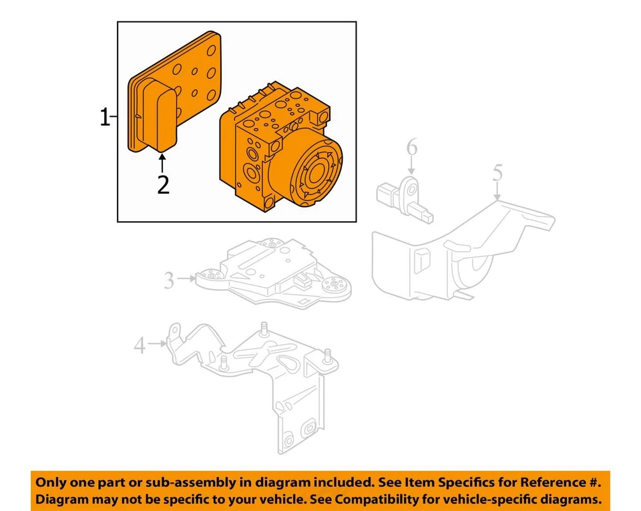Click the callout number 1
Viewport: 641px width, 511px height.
point(105,118)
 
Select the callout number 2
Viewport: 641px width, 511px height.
point(163,185)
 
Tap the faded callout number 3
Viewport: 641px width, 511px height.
point(169,280)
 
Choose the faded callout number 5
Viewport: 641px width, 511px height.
point(497,172)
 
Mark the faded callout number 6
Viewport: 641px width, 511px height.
point(412,147)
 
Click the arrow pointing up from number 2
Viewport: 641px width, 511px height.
point(162,163)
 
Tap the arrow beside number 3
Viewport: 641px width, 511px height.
point(186,279)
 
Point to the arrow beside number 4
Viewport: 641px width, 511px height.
point(158,343)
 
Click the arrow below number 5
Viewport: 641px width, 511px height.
point(497,192)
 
